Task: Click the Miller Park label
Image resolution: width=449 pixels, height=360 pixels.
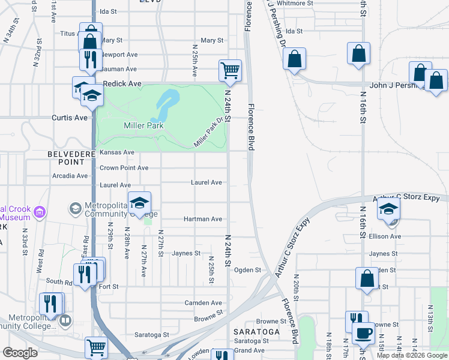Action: point(143,125)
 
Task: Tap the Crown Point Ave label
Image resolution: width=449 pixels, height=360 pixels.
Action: point(124,168)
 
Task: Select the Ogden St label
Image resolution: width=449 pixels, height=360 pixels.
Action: point(247,270)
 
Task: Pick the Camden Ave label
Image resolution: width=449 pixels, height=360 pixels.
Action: point(203,303)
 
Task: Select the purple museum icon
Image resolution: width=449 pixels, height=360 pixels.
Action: point(40,211)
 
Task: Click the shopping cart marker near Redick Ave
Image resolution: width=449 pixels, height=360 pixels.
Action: point(230,70)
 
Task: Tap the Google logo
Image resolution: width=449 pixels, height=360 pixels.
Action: point(20,353)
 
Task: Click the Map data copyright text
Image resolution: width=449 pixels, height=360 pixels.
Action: point(411,355)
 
